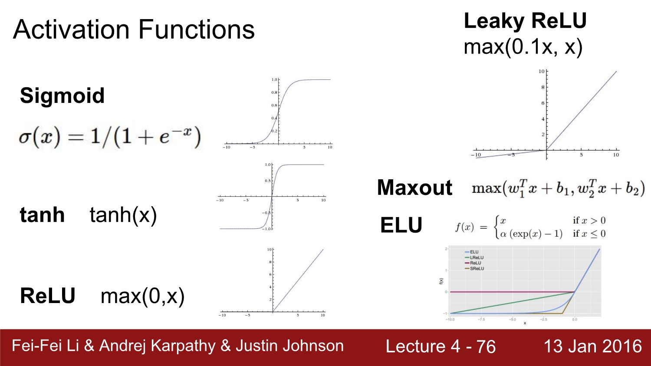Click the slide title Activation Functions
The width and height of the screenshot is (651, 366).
[x=134, y=30]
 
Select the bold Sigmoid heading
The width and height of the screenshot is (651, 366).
[x=62, y=96]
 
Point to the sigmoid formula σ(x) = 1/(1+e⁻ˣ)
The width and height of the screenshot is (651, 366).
[x=109, y=137]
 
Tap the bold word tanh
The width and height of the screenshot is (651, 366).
[x=42, y=215]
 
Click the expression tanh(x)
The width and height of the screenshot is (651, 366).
[x=123, y=215]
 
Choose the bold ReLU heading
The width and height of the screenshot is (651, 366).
[x=48, y=296]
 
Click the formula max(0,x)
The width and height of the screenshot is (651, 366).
[x=142, y=296]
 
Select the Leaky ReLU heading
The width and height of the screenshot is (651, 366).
[x=525, y=20]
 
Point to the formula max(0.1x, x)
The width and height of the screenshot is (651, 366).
[x=523, y=46]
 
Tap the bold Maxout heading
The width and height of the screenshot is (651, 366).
[x=414, y=188]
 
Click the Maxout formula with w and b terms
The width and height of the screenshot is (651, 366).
[x=558, y=188]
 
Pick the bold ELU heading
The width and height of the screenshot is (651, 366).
[x=401, y=225]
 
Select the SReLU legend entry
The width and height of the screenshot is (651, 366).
[x=477, y=269]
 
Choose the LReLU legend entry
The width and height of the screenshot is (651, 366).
[x=477, y=257]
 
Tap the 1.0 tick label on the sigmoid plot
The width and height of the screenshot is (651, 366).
[x=274, y=79]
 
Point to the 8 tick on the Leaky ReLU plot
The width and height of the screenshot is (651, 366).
[x=542, y=87]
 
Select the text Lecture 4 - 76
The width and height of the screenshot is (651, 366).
[x=441, y=346]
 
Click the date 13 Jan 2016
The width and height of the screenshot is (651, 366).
[x=592, y=346]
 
